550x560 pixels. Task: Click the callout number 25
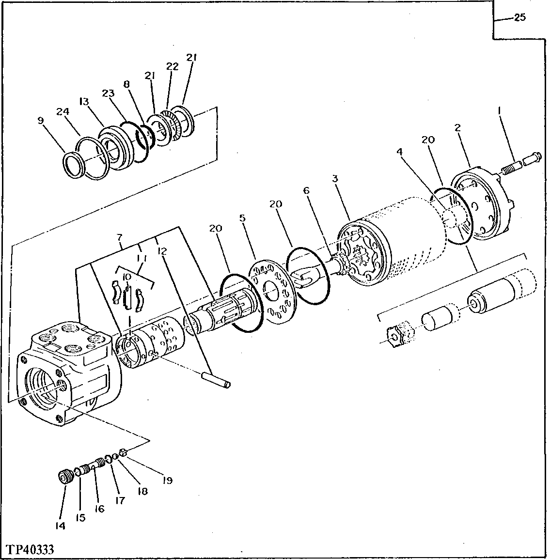tap(519, 18)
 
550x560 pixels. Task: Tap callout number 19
tap(167, 481)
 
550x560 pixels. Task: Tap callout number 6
tap(306, 191)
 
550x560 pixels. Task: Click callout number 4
tap(399, 152)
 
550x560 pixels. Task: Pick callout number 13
tap(84, 101)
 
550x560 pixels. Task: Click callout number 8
tap(127, 83)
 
